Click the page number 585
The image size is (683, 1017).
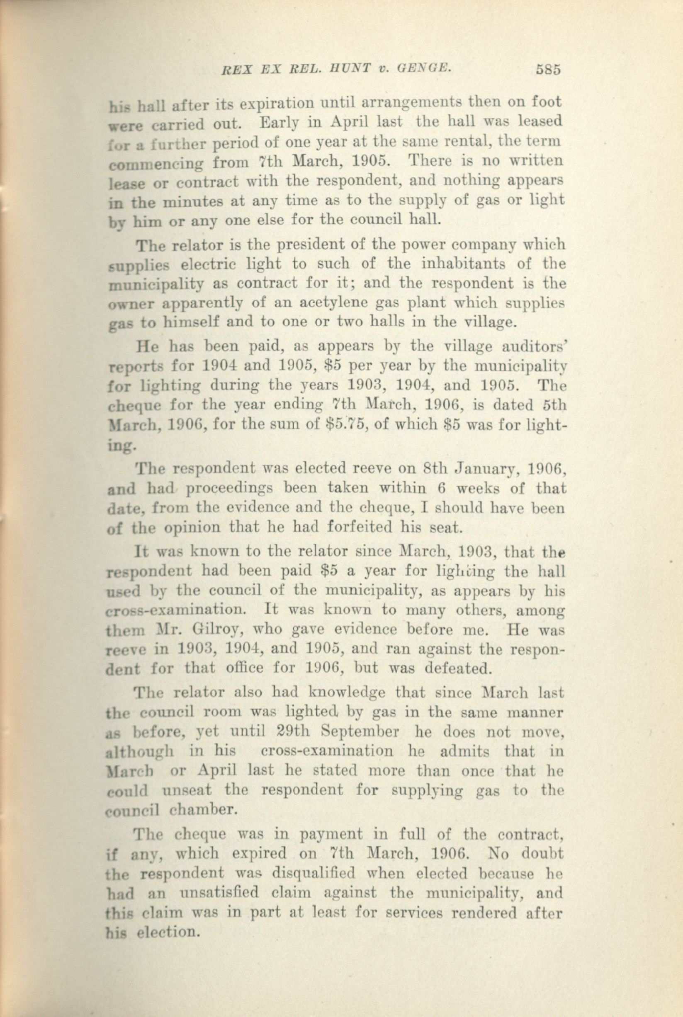(547, 70)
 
